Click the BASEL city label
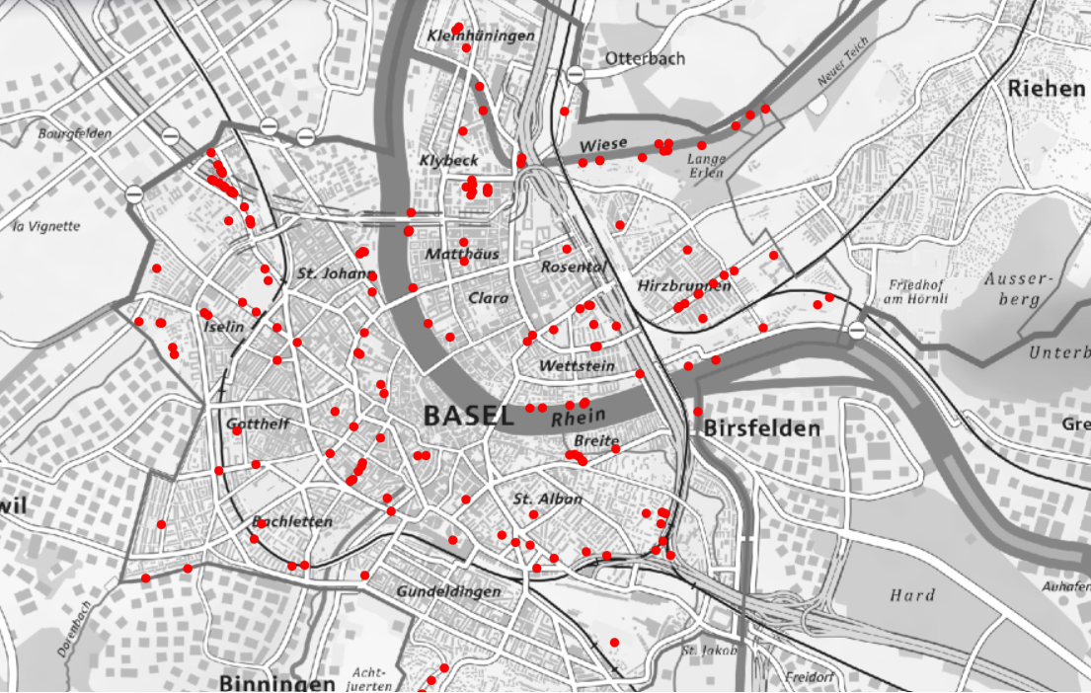[468, 416]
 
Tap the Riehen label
[1046, 89]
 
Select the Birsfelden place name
[761, 428]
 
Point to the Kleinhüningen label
[481, 37]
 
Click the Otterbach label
[645, 58]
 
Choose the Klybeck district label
[448, 160]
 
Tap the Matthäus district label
[462, 255]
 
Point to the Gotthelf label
[258, 424]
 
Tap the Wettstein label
[577, 366]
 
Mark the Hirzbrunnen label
[684, 285]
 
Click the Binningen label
[277, 683]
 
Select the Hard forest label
[911, 595]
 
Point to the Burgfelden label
[75, 132]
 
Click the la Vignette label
[46, 226]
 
